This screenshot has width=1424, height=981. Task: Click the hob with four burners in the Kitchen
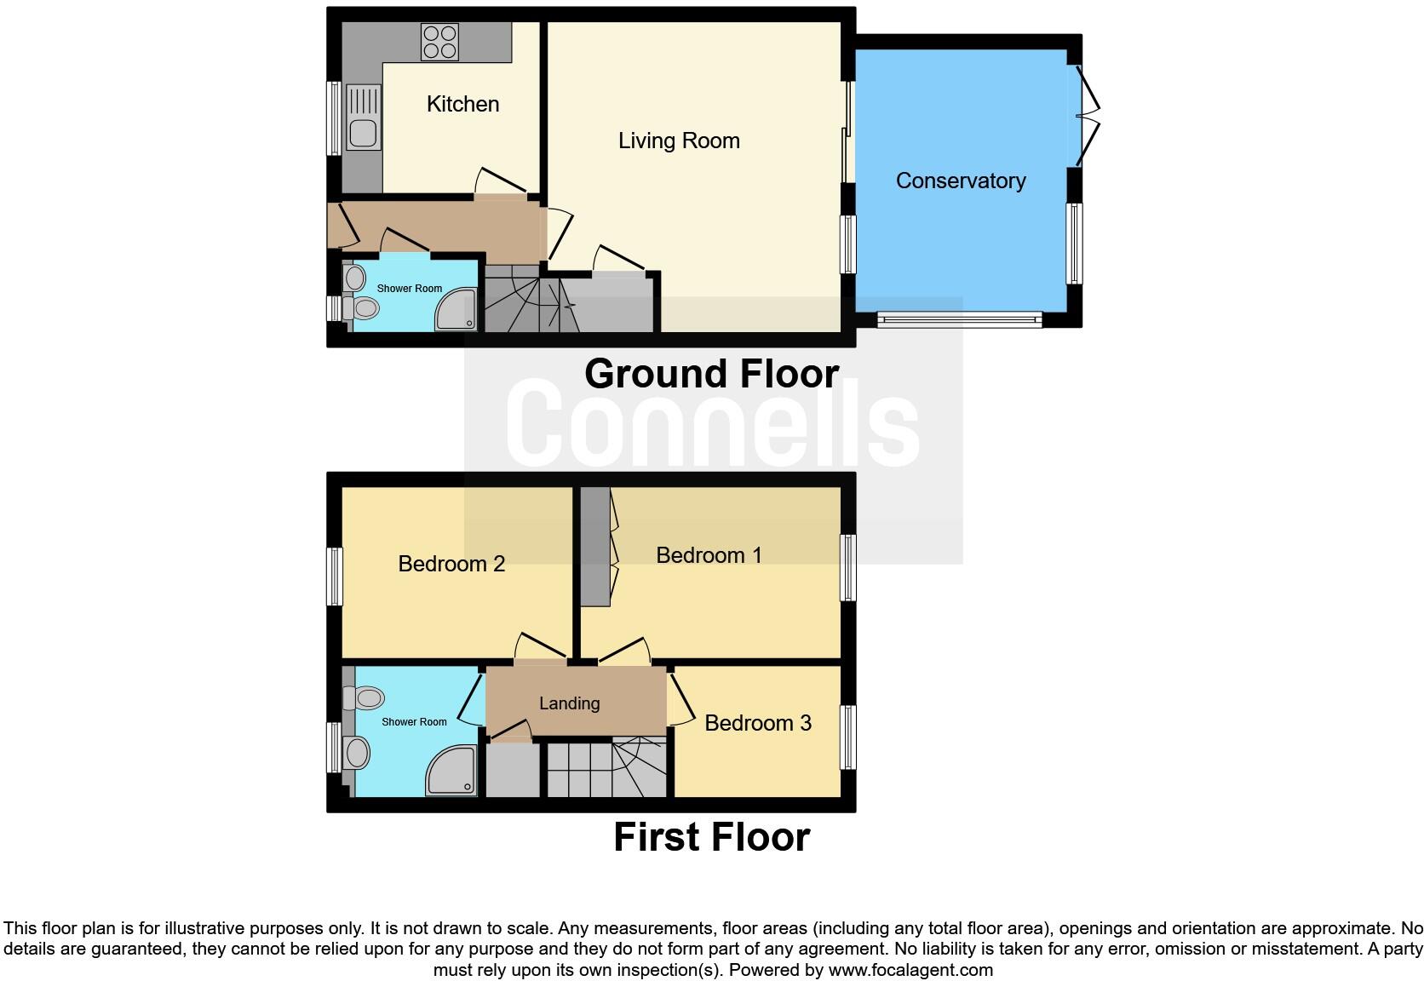pos(439,42)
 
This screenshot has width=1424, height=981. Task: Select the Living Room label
pos(678,141)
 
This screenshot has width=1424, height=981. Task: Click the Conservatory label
pos(960,181)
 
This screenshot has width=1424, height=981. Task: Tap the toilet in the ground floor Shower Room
pos(364,307)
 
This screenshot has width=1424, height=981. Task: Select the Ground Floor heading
pos(711,374)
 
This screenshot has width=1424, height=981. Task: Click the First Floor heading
pos(711,837)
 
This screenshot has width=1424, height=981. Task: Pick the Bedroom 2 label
pos(451,564)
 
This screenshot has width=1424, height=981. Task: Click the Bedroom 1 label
pos(709,555)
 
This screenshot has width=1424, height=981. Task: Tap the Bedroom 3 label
pos(757,723)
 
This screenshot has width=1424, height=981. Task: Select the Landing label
pos(569,703)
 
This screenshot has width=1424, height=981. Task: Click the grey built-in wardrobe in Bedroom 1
pos(595,547)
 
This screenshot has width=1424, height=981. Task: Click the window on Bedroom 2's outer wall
pos(335,577)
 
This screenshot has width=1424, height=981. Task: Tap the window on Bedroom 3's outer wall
pos(848,737)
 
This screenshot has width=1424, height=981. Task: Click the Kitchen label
pos(462,104)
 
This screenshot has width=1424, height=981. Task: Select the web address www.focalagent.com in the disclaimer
pos(910,970)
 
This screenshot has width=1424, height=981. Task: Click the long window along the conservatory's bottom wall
pos(959,320)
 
